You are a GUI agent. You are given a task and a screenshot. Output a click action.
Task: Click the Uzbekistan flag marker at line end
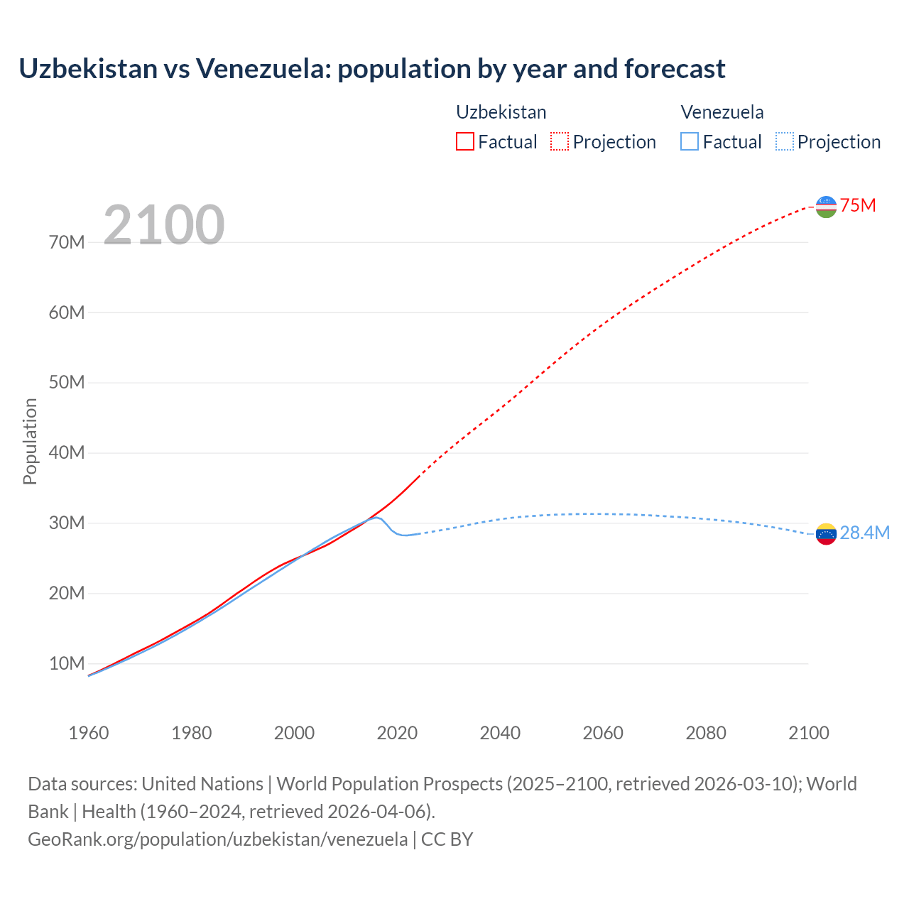[x=826, y=207]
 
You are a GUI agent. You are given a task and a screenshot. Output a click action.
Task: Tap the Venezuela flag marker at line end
[x=826, y=534]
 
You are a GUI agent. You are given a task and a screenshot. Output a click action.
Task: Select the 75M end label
[x=858, y=206]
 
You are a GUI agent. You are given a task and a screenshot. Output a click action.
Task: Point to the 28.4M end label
[x=864, y=533]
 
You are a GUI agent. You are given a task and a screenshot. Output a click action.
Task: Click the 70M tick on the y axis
[x=67, y=243]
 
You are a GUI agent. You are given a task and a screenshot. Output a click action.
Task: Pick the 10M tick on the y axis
[x=67, y=664]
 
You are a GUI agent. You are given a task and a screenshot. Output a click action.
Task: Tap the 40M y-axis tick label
[x=67, y=453]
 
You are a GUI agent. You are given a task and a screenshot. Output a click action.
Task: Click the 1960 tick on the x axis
[x=89, y=733]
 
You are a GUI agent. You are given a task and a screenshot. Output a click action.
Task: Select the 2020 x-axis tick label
[x=397, y=733]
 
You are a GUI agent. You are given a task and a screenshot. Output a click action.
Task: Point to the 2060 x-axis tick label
[x=603, y=733]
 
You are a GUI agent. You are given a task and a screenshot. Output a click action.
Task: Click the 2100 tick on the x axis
[x=808, y=733]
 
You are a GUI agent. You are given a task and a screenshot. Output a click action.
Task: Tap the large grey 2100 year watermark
[x=164, y=225]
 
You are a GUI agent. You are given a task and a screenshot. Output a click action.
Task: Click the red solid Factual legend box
[x=464, y=142]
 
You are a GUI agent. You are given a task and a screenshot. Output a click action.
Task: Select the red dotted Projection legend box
[x=560, y=142]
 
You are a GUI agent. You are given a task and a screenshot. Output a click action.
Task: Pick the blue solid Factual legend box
[x=690, y=142]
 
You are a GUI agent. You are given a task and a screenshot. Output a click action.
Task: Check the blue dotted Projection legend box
[x=785, y=142]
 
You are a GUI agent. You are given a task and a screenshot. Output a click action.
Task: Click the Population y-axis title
[x=30, y=441]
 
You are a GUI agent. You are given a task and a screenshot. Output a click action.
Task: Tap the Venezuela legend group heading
[x=722, y=112]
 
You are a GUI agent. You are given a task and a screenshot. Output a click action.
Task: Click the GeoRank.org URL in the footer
[x=218, y=839]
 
